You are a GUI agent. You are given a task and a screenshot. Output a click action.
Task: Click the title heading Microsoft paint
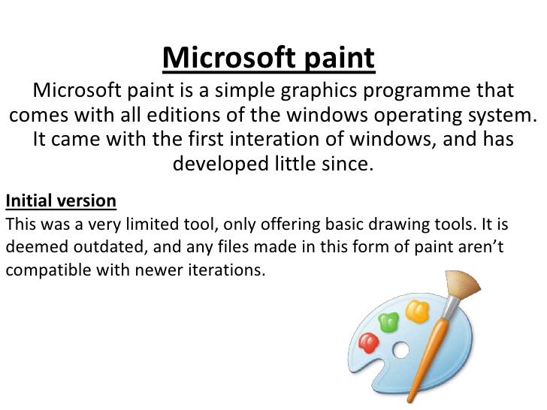click(267, 58)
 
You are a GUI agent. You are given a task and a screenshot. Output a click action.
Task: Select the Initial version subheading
click(61, 201)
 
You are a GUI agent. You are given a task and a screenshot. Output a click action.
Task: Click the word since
click(344, 163)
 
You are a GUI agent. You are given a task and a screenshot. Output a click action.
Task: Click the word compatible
click(48, 270)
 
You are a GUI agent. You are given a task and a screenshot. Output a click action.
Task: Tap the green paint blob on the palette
click(388, 322)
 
